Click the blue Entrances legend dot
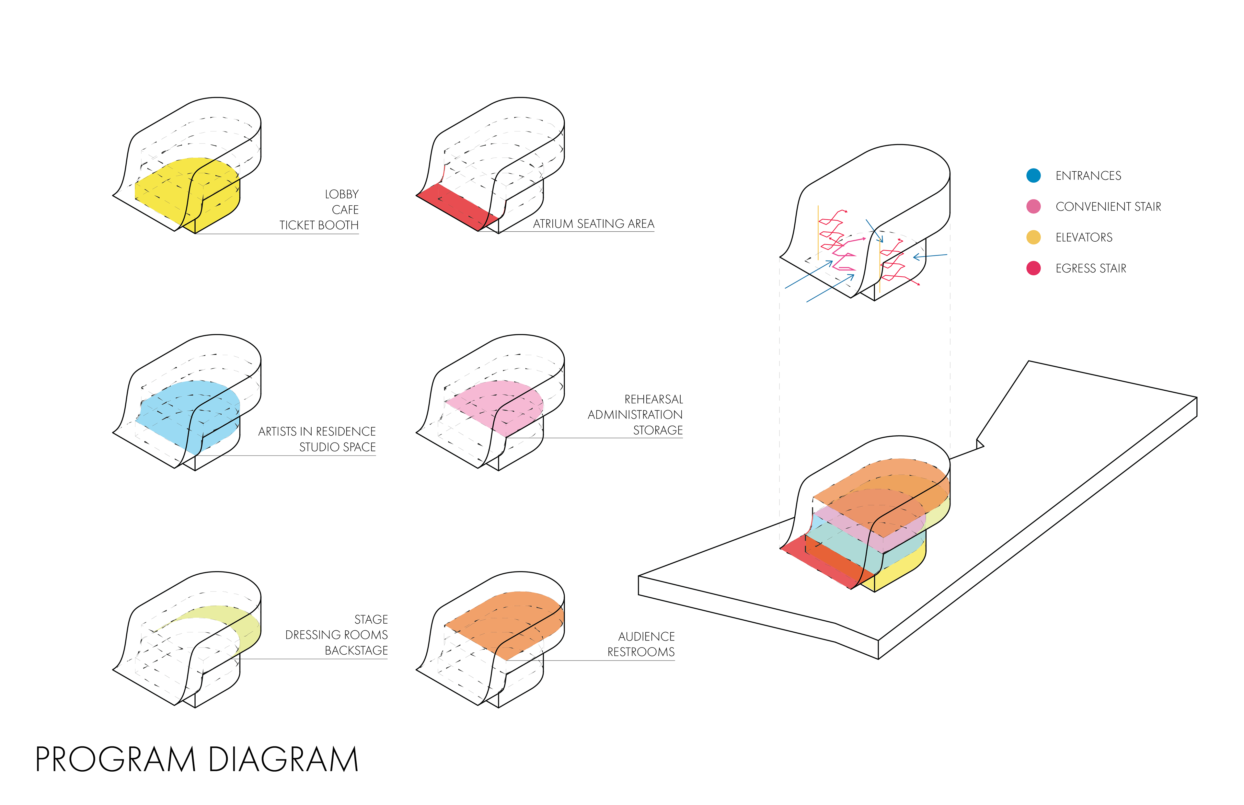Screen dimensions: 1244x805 1033,176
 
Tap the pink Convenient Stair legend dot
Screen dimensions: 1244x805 1033,206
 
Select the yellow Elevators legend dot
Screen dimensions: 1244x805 1033,237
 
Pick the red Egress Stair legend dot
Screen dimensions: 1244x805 1033,268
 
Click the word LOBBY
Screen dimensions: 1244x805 342,194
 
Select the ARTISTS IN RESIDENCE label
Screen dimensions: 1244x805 317,432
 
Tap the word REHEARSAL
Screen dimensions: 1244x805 653,399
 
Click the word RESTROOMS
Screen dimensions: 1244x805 641,652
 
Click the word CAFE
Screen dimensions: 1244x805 345,210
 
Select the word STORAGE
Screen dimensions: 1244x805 658,430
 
